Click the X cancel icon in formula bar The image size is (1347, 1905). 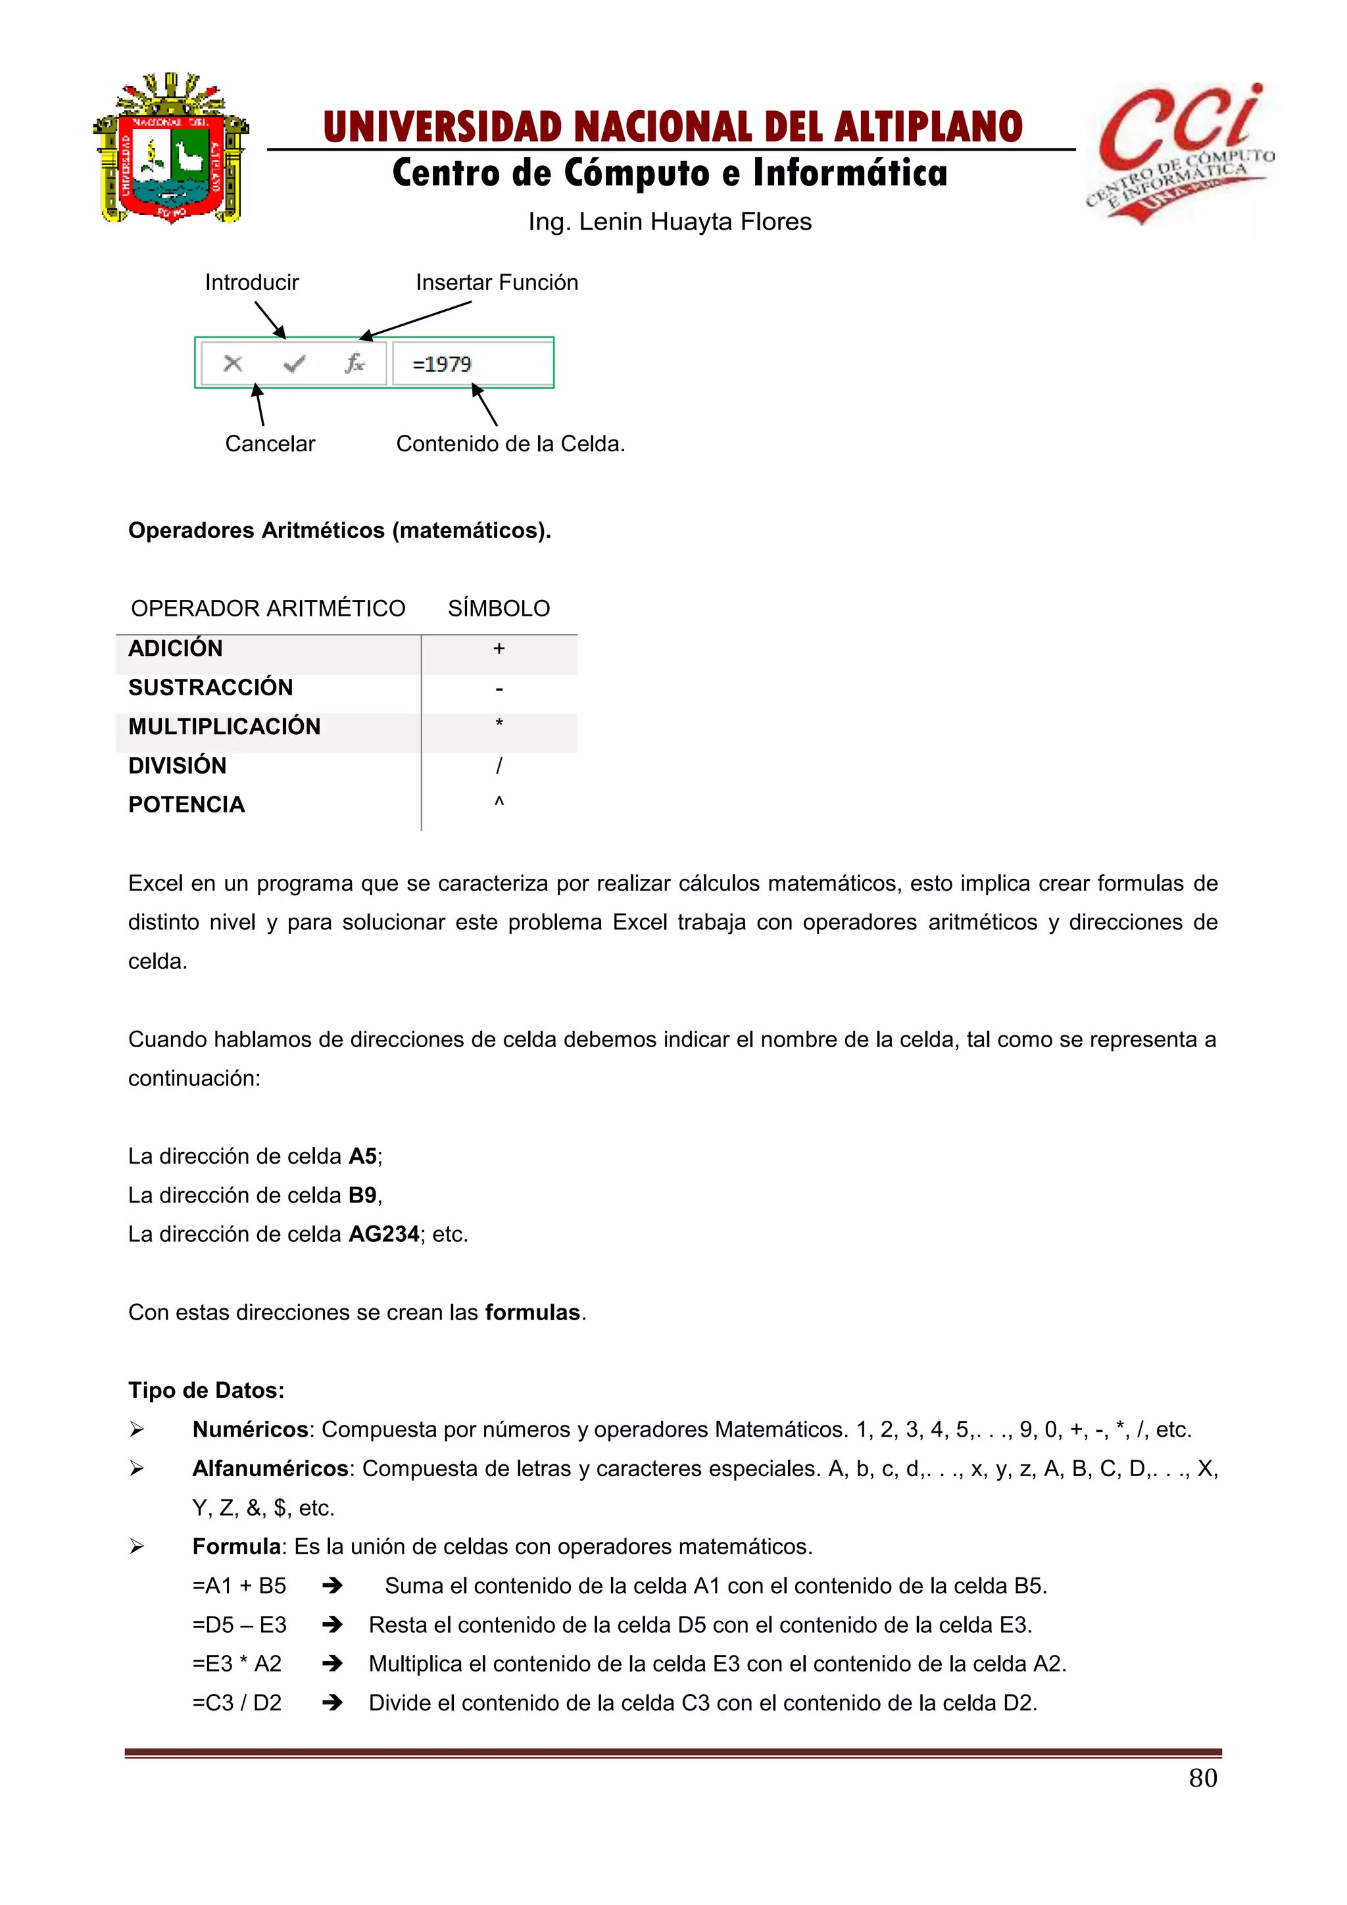[x=233, y=363]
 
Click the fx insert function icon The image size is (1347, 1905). [x=354, y=363]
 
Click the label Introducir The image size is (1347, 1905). [x=251, y=282]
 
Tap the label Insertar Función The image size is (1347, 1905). [x=497, y=282]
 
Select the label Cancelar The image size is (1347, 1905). [x=270, y=444]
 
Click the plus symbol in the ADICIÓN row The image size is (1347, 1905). [x=499, y=649]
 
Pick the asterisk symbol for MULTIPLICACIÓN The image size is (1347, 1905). [x=499, y=724]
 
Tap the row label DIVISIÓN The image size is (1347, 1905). [x=177, y=766]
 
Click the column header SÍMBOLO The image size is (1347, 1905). [x=499, y=609]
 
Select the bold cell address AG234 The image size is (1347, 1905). [x=383, y=1235]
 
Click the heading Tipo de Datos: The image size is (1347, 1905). [x=206, y=1391]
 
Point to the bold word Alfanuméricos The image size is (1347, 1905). [x=270, y=1469]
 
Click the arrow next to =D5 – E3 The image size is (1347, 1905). [x=333, y=1625]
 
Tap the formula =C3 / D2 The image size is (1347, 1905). [x=236, y=1702]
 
